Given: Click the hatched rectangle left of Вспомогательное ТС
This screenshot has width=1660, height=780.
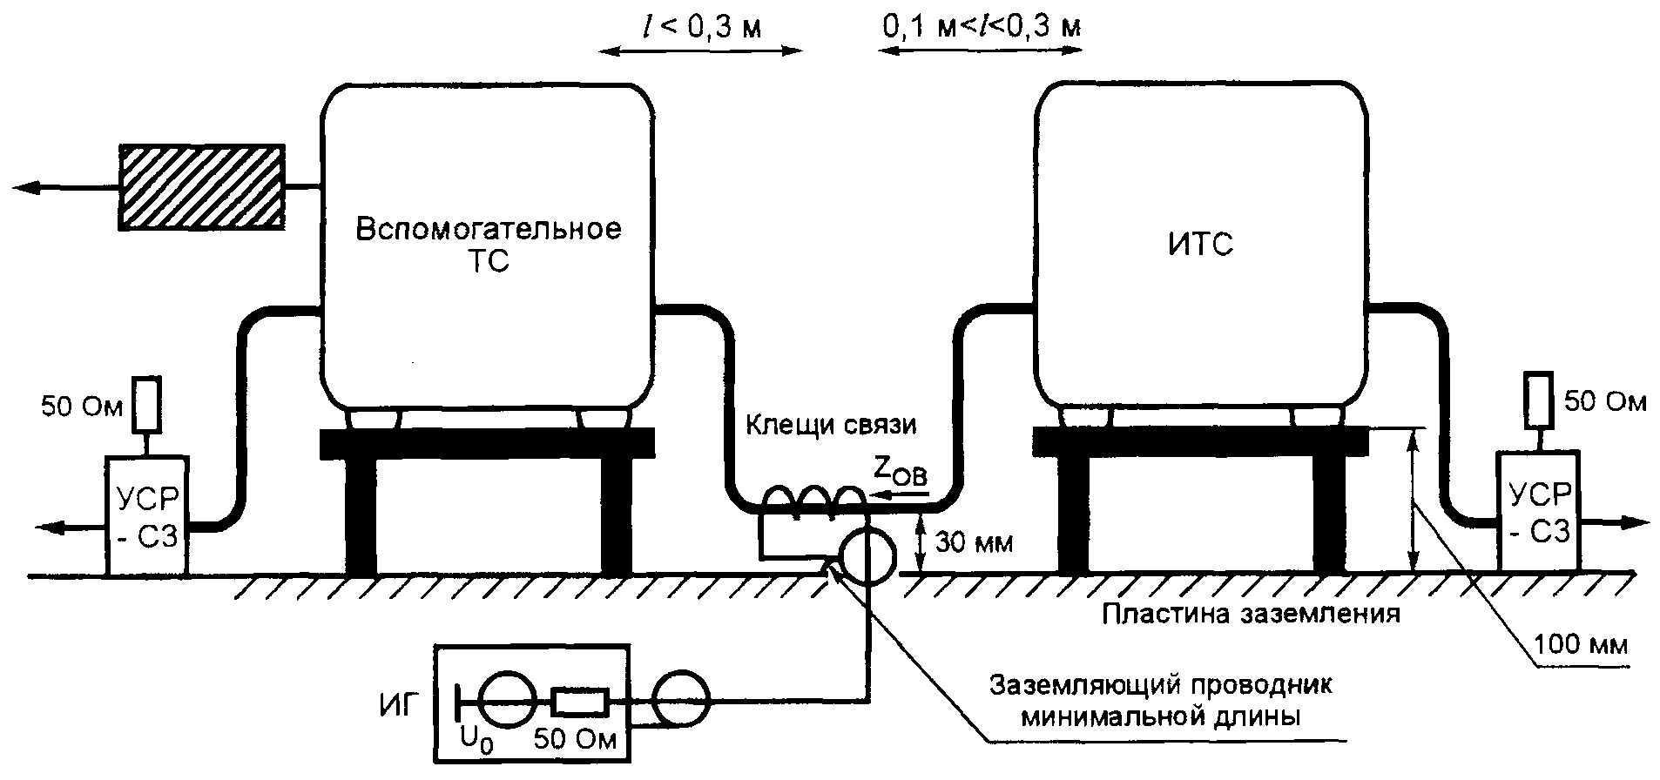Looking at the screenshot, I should point(201,187).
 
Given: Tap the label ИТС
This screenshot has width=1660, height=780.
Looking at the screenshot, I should point(1199,245).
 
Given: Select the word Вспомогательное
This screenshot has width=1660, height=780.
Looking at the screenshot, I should point(489,230).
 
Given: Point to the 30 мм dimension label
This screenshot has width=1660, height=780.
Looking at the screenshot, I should point(974,543).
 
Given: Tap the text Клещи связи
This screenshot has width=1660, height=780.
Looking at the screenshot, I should point(831,425).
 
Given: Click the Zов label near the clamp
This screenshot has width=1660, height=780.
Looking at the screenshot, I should point(901,474).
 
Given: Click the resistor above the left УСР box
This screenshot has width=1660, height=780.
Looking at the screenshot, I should point(147,404).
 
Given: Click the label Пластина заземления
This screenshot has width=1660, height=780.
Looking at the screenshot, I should point(1251,614).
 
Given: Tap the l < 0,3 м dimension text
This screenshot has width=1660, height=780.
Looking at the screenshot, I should point(700,28).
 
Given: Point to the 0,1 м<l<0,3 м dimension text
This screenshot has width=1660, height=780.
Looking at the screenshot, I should point(982,28).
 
